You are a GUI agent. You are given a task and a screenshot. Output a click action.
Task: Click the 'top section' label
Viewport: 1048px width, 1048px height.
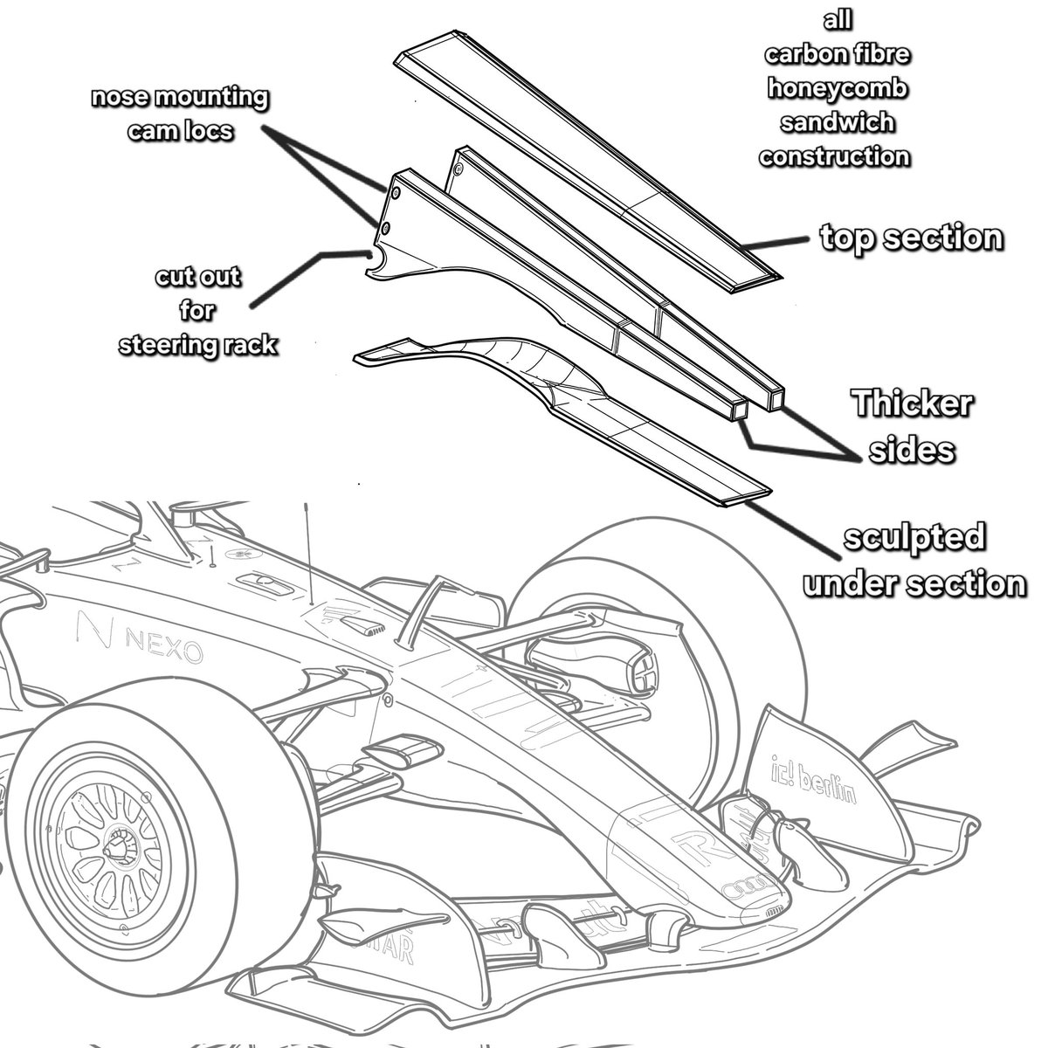[911, 238]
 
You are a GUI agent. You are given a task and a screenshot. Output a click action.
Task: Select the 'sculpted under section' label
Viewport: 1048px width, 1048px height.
[914, 560]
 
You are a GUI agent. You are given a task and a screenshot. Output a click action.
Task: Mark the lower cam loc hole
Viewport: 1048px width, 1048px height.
[385, 229]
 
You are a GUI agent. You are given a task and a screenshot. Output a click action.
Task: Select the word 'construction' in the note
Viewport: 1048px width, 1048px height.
[834, 157]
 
